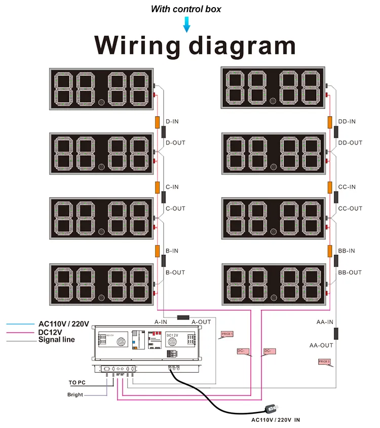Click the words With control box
point(186,9)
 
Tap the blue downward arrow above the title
point(186,24)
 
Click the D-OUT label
point(176,143)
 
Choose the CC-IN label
point(347,187)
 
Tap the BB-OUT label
point(350,272)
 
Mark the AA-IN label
point(325,322)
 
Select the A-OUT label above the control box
point(201,322)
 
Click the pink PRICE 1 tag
point(226,334)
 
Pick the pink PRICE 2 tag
point(324,362)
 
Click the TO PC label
point(78,382)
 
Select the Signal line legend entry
point(57,339)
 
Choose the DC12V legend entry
point(50,331)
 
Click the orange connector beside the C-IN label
point(157,187)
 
